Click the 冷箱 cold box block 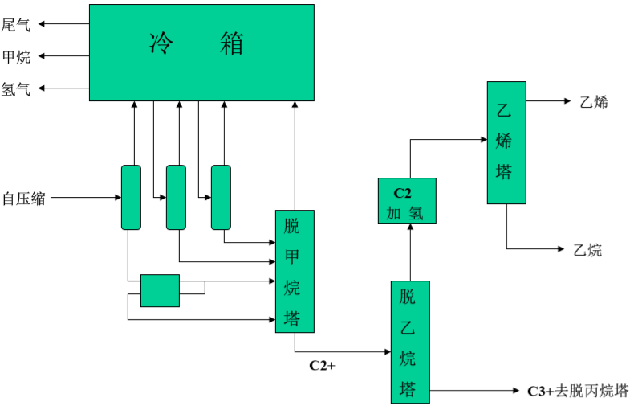coord(201,52)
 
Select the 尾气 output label coord(16,24)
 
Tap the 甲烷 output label coord(16,56)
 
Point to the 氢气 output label coord(16,89)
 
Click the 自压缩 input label coord(23,198)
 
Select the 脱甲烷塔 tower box coord(295,271)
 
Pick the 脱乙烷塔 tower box coord(410,342)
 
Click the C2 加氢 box coord(407,201)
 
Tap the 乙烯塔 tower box coord(506,142)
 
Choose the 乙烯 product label coord(593,102)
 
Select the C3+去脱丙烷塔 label coord(577,392)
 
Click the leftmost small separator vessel coord(131,197)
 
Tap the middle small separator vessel coord(176,197)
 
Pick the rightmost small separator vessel coord(221,197)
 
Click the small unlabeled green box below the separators coord(160,290)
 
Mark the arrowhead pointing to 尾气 coord(43,24)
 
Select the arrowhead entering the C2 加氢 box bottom coord(410,228)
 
